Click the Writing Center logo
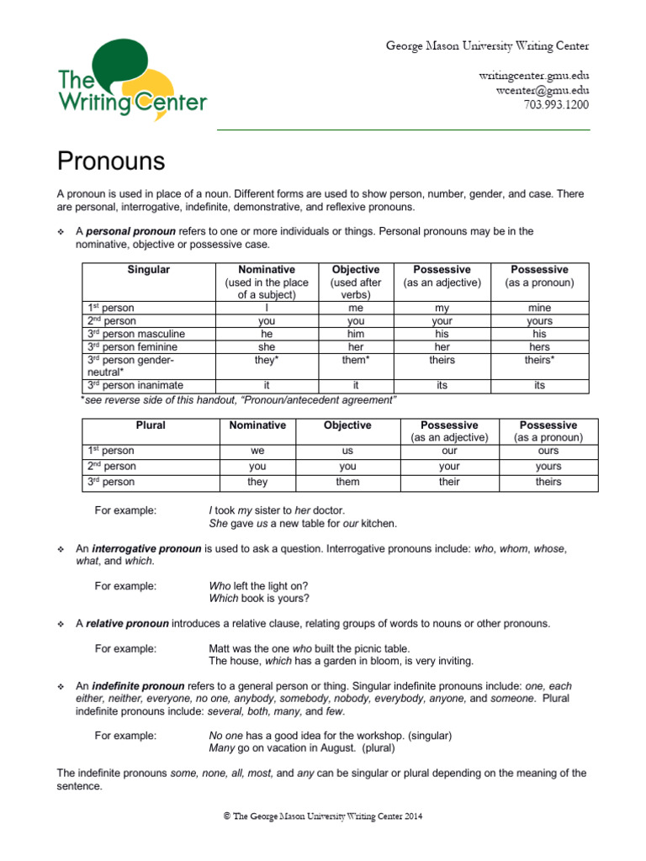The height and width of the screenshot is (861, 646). (x=131, y=83)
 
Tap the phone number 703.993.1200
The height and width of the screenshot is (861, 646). (x=556, y=105)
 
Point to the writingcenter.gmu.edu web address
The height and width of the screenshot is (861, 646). (x=534, y=77)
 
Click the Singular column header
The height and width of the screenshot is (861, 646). (x=149, y=270)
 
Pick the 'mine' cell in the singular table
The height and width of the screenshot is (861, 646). (x=539, y=309)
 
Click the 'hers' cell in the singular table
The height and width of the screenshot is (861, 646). (x=539, y=346)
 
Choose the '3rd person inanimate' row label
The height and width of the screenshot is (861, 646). (x=134, y=385)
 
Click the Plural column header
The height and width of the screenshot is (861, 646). (x=151, y=425)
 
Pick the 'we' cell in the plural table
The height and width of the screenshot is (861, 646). (x=257, y=451)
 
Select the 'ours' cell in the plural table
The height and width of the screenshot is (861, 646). (x=548, y=451)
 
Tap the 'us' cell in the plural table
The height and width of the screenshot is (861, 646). (x=347, y=451)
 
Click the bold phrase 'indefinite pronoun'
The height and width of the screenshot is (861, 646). (x=139, y=685)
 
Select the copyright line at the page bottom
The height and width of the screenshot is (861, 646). (x=322, y=815)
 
